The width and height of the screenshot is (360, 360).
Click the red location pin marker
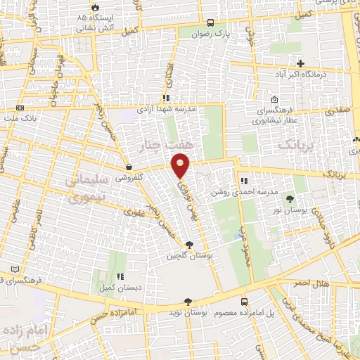click(x=181, y=165)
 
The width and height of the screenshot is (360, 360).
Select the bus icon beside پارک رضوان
click(x=212, y=22)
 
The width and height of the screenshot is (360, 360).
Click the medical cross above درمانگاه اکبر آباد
click(x=300, y=63)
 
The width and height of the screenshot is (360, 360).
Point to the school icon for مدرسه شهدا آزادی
click(x=166, y=98)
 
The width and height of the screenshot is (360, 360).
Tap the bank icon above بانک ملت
click(x=20, y=108)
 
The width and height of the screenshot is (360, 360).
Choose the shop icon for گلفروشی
click(x=129, y=167)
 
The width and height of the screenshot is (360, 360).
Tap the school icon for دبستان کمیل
click(x=120, y=276)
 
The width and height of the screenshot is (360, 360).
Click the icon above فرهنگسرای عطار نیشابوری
click(x=274, y=99)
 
